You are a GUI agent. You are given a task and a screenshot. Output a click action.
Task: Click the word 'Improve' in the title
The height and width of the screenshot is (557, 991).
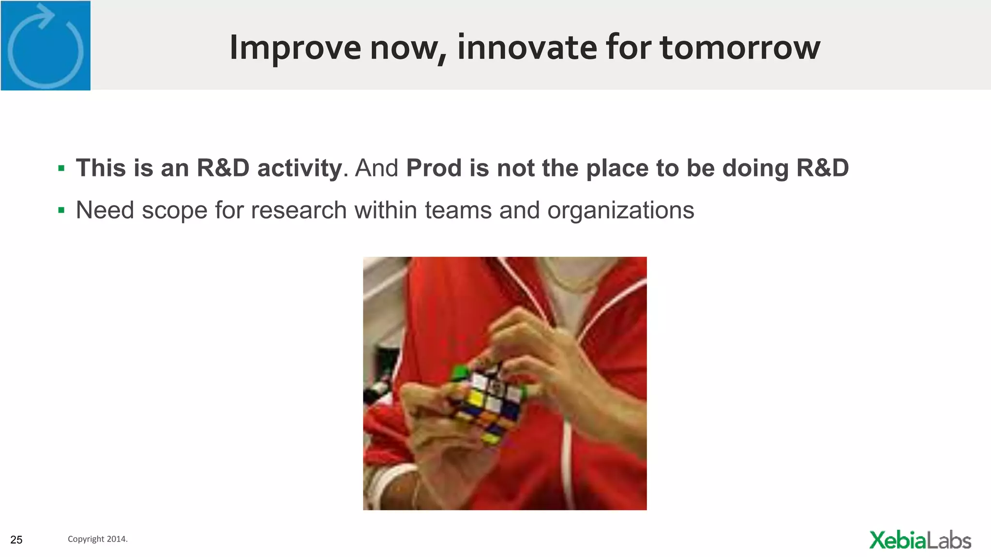click(295, 48)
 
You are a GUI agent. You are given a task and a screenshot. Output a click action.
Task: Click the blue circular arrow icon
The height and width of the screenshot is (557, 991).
click(45, 46)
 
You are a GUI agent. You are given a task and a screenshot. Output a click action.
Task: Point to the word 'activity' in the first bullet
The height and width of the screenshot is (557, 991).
click(299, 169)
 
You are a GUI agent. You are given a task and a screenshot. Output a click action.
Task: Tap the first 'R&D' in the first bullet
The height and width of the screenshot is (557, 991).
click(223, 168)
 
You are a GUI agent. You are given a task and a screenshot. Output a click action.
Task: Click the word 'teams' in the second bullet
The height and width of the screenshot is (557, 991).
click(458, 211)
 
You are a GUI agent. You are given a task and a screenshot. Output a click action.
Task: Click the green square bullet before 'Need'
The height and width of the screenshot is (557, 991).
click(61, 210)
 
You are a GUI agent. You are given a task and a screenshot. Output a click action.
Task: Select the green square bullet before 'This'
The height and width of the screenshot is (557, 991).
click(61, 168)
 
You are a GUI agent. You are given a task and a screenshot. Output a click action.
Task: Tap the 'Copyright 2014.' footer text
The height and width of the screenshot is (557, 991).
click(97, 539)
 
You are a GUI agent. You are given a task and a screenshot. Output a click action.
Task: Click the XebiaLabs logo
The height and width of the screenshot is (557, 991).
click(919, 540)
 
